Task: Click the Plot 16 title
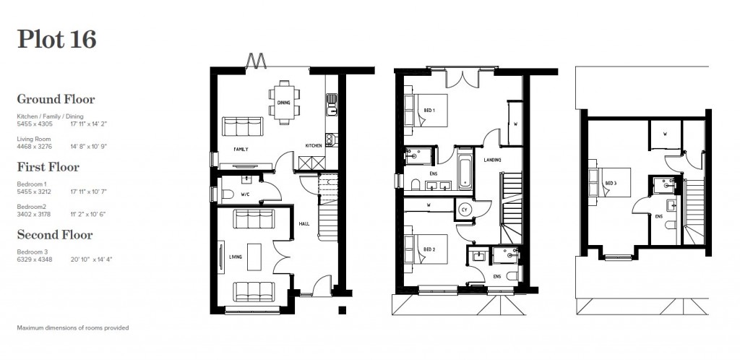(x=56, y=39)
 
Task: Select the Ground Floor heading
(x=56, y=99)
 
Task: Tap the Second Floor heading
(x=55, y=235)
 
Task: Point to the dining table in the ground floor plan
(x=283, y=102)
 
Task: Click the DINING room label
(x=283, y=103)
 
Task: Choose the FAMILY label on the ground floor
(x=241, y=149)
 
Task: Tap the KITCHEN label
(x=313, y=146)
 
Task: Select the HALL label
(x=304, y=224)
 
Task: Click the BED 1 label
(x=429, y=110)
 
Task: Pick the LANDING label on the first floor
(x=493, y=160)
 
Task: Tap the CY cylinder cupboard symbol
(x=464, y=209)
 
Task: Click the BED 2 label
(x=429, y=250)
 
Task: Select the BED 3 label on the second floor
(x=611, y=183)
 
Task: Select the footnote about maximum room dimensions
(x=72, y=327)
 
